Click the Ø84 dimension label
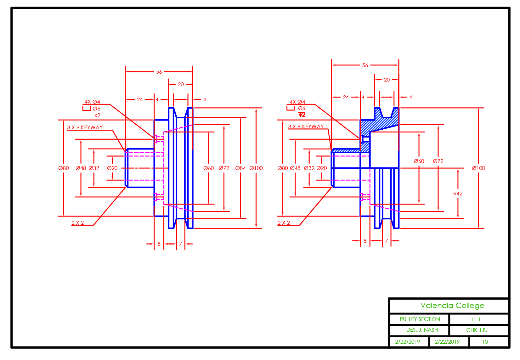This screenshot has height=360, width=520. pyautogui.click(x=240, y=168)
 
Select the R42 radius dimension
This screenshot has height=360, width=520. pyautogui.click(x=458, y=194)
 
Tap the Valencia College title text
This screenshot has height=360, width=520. pyautogui.click(x=452, y=306)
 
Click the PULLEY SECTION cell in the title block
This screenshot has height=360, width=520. pyautogui.click(x=420, y=319)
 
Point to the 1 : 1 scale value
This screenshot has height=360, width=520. pyautogui.click(x=475, y=319)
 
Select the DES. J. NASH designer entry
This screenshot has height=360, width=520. pyautogui.click(x=422, y=330)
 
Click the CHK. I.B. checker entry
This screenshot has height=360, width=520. pyautogui.click(x=477, y=330)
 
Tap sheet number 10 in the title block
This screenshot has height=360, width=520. pyautogui.click(x=485, y=342)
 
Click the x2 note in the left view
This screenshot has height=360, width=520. pyautogui.click(x=97, y=115)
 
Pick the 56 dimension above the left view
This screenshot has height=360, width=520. pyautogui.click(x=159, y=72)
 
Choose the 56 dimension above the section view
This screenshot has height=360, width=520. pyautogui.click(x=365, y=65)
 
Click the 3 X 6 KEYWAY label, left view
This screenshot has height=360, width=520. pyautogui.click(x=85, y=127)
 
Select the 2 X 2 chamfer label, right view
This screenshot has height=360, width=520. pyautogui.click(x=284, y=223)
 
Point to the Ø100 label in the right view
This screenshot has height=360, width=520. pyautogui.click(x=478, y=168)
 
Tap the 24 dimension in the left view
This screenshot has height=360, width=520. pyautogui.click(x=140, y=99)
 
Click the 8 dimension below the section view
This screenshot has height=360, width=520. pyautogui.click(x=365, y=241)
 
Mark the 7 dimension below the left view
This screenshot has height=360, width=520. pyautogui.click(x=180, y=244)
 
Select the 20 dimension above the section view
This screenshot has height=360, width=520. pyautogui.click(x=387, y=80)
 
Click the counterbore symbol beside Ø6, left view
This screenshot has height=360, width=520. pyautogui.click(x=87, y=109)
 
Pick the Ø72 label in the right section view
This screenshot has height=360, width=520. pyautogui.click(x=438, y=161)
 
